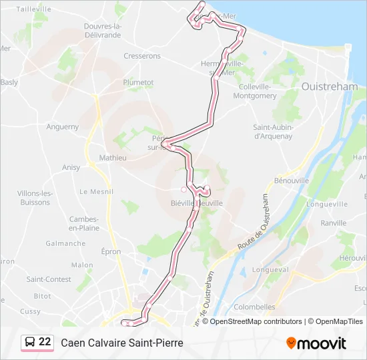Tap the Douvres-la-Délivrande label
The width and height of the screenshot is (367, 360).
coord(102,31)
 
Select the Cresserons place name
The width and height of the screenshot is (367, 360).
coord(142,57)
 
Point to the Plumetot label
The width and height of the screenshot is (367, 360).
coord(138,83)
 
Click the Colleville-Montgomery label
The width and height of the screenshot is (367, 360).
coord(254,91)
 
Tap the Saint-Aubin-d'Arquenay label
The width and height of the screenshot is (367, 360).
coord(273,131)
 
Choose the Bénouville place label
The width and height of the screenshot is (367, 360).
coord(292,181)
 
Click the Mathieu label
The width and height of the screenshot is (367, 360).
coord(113,158)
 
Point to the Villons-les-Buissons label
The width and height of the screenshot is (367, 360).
coord(35,197)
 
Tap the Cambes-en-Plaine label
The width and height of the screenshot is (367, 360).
coord(84,223)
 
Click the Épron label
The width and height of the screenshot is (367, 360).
coord(111,251)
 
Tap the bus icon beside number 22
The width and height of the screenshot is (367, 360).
coord(30,343)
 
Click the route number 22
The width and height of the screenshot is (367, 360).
coord(45,342)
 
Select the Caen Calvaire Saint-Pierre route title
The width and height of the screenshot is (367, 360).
coord(121,343)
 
